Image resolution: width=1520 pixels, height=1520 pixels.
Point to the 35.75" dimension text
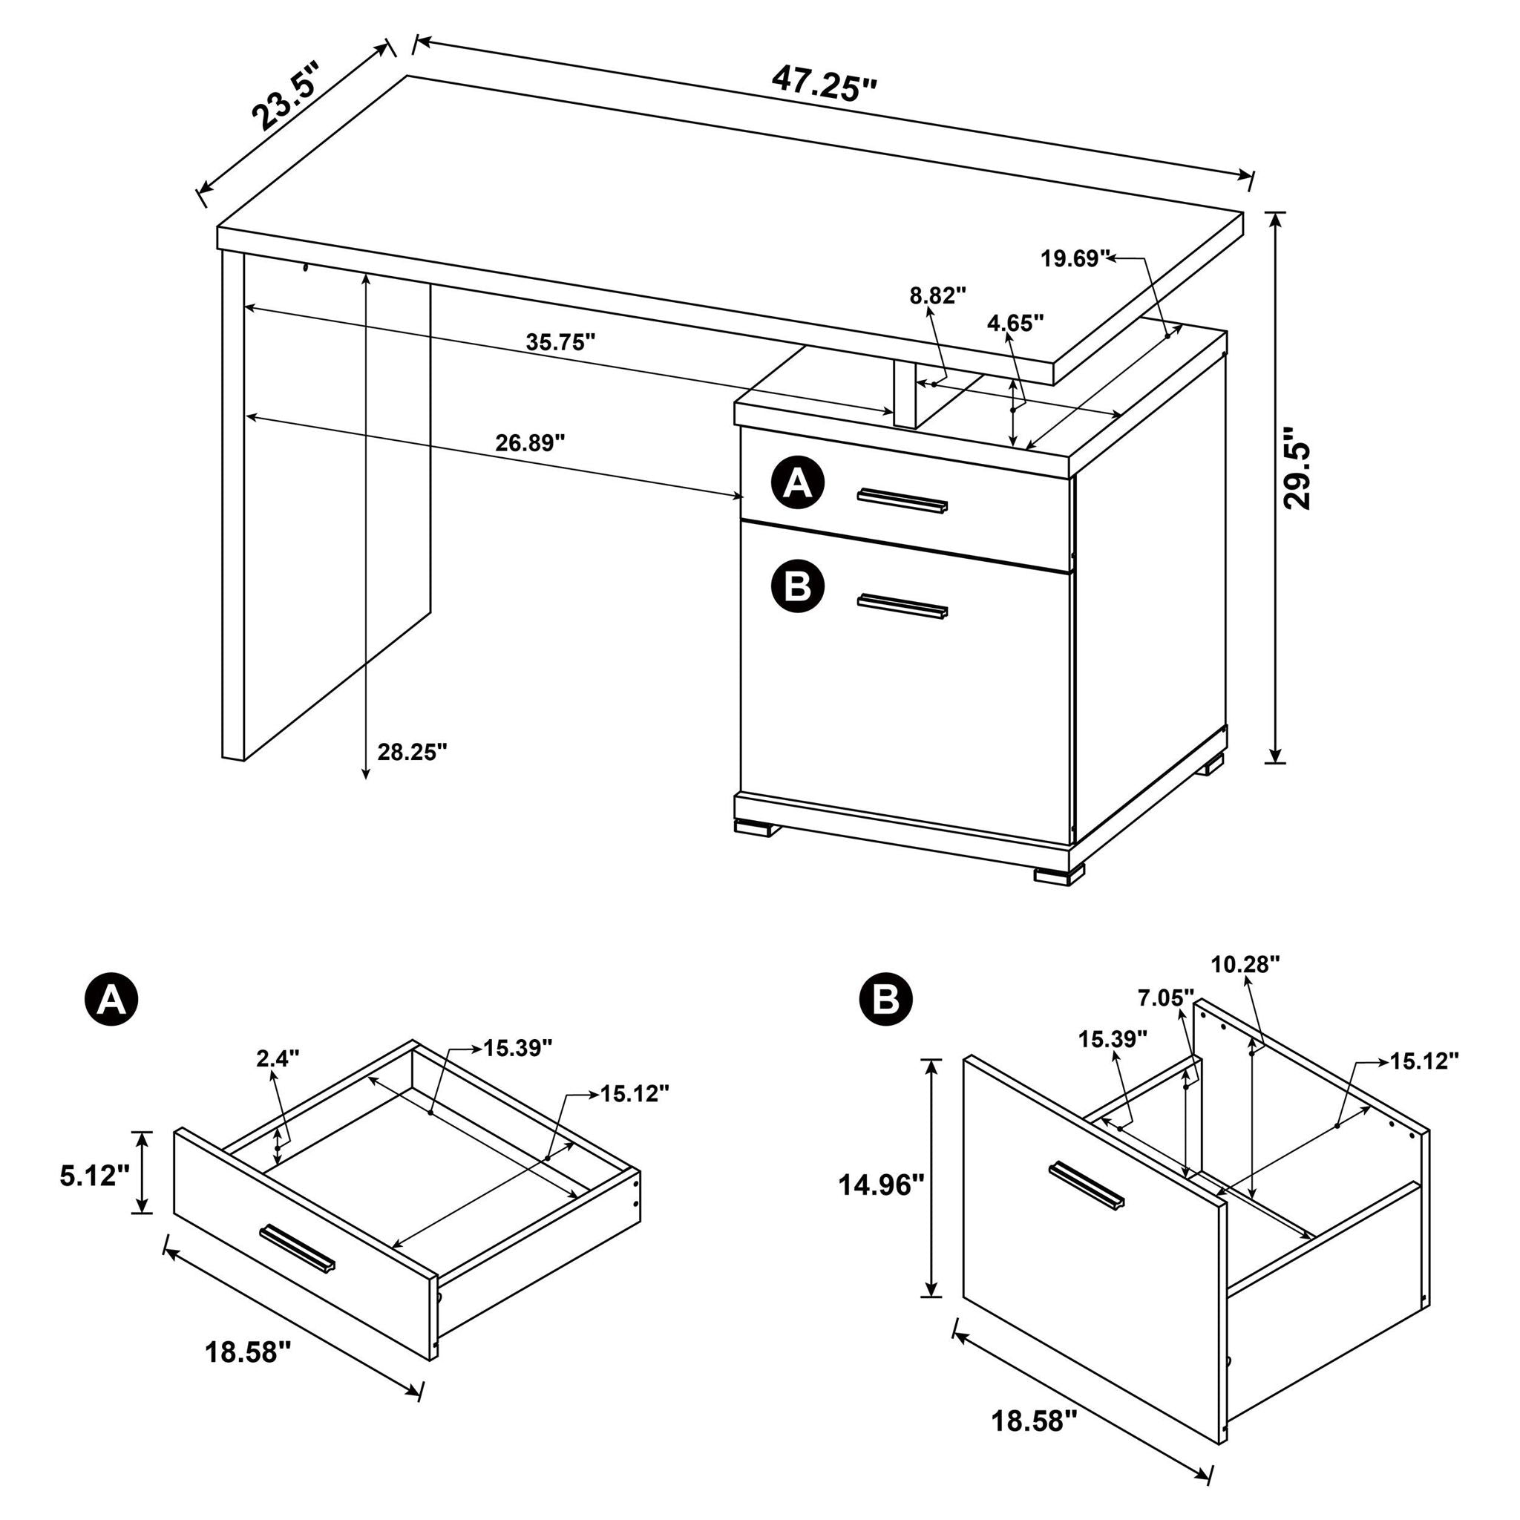560,342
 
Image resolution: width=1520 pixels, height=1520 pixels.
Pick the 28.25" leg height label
412,752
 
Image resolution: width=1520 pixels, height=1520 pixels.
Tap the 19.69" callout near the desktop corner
1075,258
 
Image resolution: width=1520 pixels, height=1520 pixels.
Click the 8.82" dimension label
938,296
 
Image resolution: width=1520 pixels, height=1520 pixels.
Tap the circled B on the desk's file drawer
798,586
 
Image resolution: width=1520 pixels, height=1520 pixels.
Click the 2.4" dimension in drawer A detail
278,1058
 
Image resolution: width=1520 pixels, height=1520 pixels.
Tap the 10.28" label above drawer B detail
1245,966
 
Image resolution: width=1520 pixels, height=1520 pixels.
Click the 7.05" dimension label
1165,998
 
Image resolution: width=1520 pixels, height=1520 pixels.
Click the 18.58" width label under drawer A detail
248,1353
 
